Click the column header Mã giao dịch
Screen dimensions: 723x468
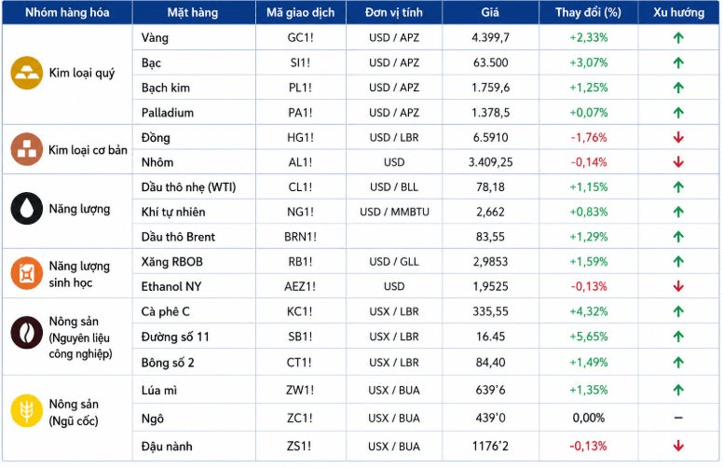(300, 12)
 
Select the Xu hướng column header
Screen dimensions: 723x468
(678, 12)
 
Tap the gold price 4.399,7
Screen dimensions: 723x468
(490, 37)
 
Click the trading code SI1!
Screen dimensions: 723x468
(300, 62)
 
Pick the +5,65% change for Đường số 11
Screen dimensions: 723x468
(588, 337)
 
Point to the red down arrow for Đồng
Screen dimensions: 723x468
(678, 137)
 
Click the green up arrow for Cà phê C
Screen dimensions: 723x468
(678, 311)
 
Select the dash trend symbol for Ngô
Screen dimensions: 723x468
(678, 418)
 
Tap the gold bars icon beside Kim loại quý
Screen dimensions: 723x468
(27, 73)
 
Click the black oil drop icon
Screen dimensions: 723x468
(27, 209)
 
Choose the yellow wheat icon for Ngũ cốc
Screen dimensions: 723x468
(27, 411)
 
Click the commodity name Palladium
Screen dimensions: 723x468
(168, 113)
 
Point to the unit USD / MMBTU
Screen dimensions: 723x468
(394, 212)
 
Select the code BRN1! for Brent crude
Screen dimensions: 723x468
(300, 237)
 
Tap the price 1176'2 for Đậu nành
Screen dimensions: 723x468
(490, 446)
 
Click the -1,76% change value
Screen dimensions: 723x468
(588, 137)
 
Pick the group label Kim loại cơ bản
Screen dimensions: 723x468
(88, 150)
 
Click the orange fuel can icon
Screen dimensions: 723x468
(27, 273)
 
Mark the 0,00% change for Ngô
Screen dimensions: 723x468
(588, 418)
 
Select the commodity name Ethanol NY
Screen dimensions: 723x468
(171, 286)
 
